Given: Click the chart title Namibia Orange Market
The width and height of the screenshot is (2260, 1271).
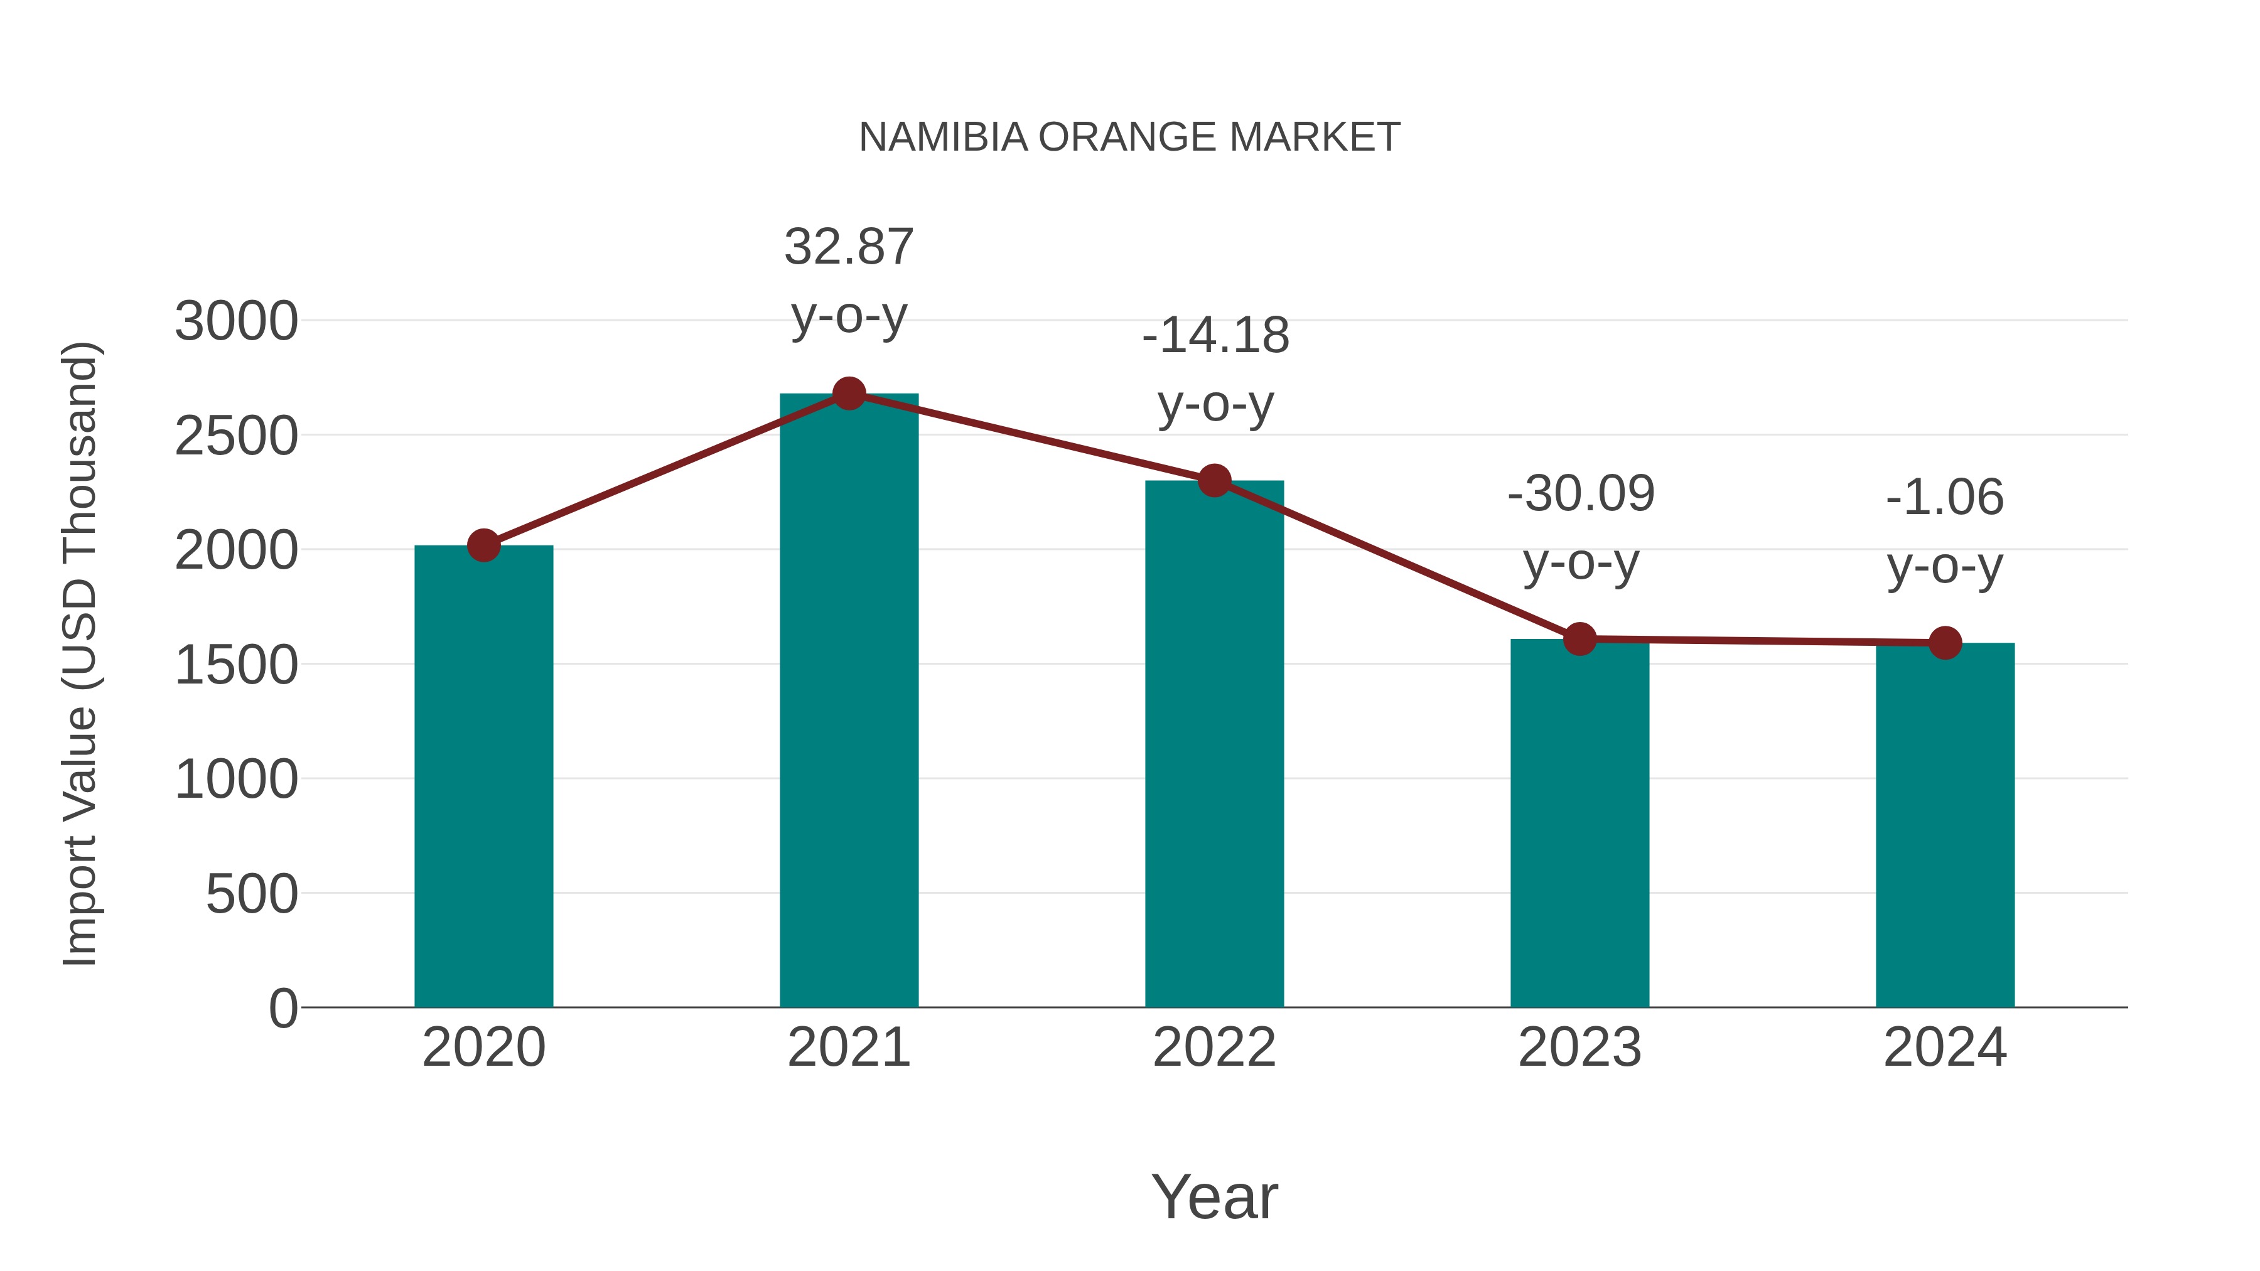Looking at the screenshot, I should (1129, 137).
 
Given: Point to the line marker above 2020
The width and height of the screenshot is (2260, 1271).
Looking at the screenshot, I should (483, 545).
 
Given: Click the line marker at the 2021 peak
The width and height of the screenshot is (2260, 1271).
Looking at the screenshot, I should (848, 394).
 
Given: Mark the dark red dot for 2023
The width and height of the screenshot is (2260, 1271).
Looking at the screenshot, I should (1579, 640).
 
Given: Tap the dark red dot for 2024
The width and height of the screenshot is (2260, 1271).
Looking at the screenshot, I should (1945, 643).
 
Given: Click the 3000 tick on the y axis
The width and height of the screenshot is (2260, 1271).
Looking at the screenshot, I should (236, 321).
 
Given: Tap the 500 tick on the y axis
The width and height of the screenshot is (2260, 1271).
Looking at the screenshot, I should (252, 894).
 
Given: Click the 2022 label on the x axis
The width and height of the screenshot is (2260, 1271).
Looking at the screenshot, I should (1214, 1048).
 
